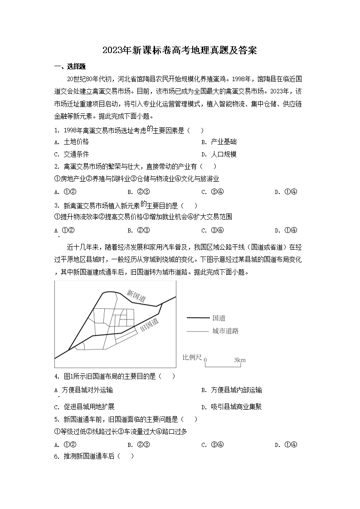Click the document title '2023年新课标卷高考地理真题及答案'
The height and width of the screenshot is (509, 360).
pos(180,50)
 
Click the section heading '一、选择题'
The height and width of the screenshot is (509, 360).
pos(70,67)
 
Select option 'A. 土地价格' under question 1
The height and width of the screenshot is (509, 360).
pos(71,142)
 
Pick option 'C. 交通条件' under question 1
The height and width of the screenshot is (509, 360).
pos(71,154)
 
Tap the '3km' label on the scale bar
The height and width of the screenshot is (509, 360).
pos(240,360)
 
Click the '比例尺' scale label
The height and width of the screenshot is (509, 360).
pos(191,358)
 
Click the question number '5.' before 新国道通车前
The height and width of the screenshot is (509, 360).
pos(57,420)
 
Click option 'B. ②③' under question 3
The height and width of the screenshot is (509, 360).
pos(139,230)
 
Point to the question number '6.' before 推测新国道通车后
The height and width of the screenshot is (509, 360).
pos(57,456)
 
